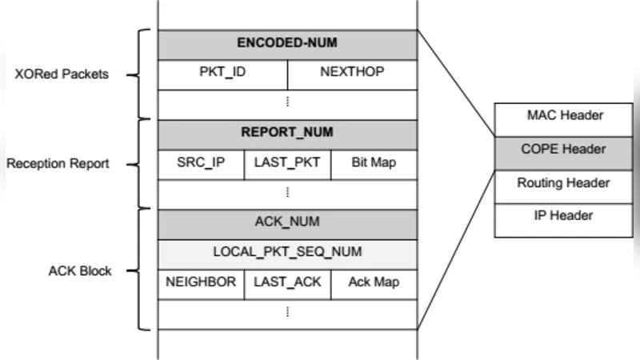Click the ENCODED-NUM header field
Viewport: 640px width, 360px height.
287,44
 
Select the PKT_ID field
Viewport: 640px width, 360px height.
222,73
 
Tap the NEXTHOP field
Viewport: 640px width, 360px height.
352,73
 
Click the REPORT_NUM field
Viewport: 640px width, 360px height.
287,133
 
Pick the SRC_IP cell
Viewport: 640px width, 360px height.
201,163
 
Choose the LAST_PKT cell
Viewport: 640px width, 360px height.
287,163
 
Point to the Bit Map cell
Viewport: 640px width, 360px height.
374,163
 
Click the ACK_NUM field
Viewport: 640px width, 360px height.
287,223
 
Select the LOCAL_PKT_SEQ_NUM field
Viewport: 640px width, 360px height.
287,253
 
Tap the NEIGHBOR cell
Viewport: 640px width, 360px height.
201,282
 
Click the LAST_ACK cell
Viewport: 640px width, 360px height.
287,282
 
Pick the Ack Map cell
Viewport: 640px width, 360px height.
374,282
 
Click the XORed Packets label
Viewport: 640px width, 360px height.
62,75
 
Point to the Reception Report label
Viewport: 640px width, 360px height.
58,164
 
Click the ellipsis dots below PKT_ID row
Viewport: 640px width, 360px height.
287,102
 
